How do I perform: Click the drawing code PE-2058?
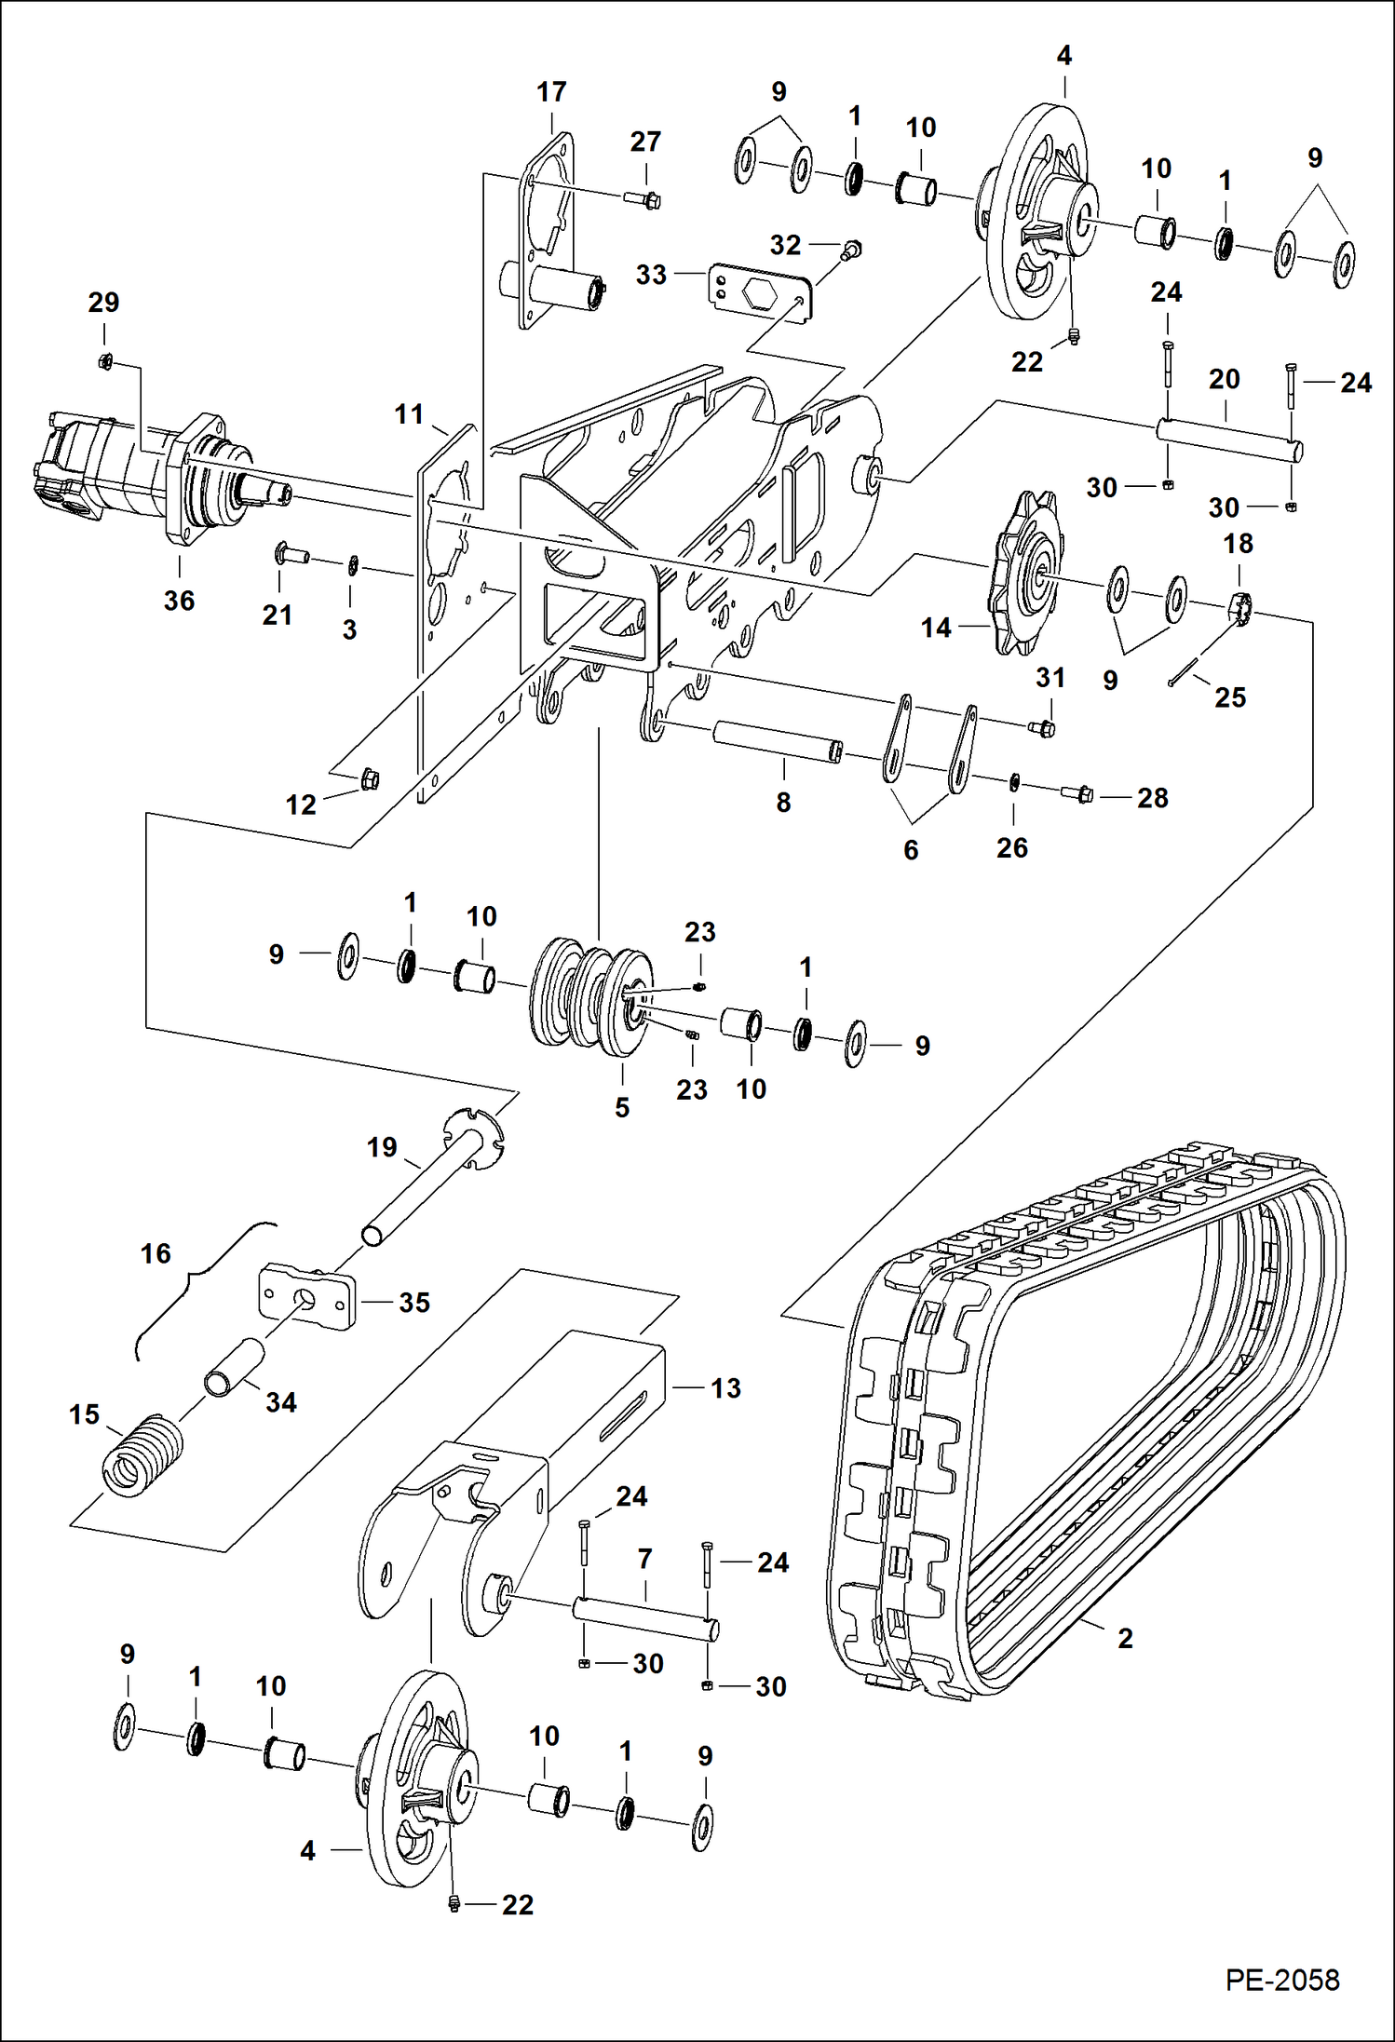(1281, 1981)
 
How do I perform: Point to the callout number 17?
(551, 92)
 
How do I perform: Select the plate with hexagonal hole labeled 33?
(760, 292)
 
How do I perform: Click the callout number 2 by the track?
(1125, 1638)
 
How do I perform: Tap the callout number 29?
(103, 303)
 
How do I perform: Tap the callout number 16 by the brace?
(156, 1254)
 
